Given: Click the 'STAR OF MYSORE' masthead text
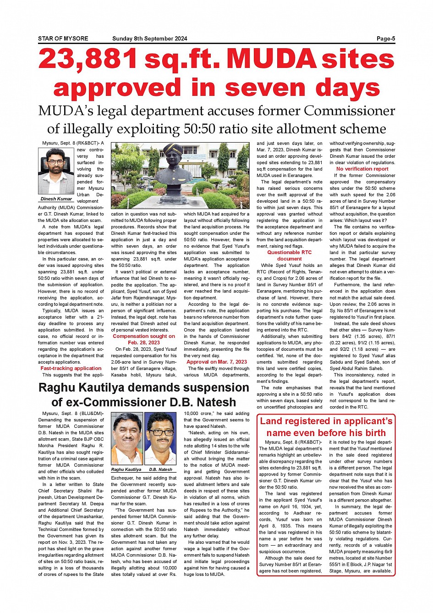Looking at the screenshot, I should pos(63,39).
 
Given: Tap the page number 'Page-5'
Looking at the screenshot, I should pos(386,39).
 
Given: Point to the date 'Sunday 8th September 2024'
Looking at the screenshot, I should pos(150,39).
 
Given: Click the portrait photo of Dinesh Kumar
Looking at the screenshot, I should pos(56,171).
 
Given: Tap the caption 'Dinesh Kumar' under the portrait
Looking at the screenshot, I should pos(56,199).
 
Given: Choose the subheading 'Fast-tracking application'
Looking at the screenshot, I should pos(71,368).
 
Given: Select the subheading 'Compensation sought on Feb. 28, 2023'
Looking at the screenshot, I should pos(144,339).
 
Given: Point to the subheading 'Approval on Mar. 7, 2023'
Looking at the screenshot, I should pos(217,362).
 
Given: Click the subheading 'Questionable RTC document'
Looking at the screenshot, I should pos(290,255).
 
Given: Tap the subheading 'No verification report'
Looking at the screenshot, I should pos(362,169).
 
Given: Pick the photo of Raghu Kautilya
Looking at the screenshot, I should pos(127,440).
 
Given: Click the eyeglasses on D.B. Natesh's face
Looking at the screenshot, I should pos(160,432).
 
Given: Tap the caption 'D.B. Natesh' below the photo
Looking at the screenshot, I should pos(161,469).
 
